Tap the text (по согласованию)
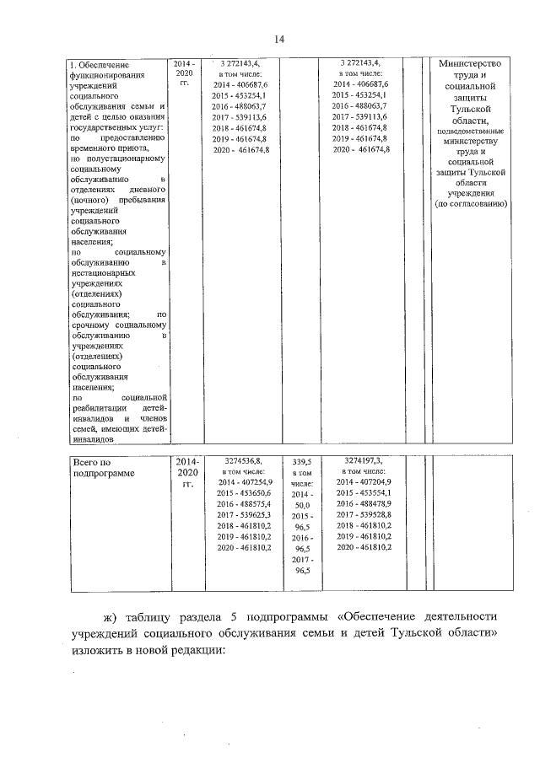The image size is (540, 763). pyautogui.click(x=470, y=204)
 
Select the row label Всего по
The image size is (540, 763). pyautogui.click(x=92, y=461)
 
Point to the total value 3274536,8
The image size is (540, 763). pyautogui.click(x=243, y=461)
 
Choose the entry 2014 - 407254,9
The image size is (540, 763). pyautogui.click(x=243, y=481)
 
